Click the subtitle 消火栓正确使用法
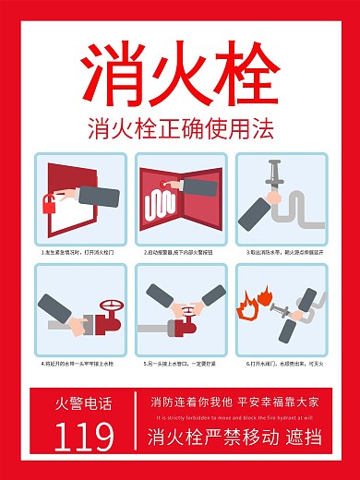tap(180, 128)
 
